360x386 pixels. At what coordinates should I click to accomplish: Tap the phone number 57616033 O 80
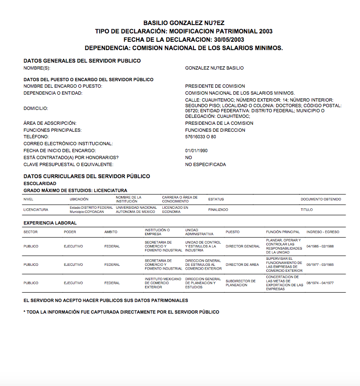200,137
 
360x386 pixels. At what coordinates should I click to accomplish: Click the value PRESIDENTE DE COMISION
215,86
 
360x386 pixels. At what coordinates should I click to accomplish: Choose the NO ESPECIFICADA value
206,165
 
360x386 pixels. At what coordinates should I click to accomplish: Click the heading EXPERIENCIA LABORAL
50,223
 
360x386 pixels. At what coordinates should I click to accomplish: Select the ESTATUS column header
216,199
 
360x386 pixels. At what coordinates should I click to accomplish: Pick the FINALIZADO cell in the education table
218,210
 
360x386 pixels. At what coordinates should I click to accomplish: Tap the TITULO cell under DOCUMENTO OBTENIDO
306,210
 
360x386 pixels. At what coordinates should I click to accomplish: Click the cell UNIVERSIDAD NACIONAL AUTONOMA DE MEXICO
136,210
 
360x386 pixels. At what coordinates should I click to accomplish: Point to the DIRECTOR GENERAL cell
243,246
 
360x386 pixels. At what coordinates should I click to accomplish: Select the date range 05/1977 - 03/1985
320,265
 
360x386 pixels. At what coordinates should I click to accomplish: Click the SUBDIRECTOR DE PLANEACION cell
240,283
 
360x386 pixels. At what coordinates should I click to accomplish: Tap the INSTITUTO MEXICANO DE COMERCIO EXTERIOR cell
162,283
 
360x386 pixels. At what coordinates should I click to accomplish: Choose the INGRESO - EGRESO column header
323,232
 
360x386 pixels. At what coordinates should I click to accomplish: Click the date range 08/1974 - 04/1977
320,283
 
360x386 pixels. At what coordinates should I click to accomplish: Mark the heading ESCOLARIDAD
40,184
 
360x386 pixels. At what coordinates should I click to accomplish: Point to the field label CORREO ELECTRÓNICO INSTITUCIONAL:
68,144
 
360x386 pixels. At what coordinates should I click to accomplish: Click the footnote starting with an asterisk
121,312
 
